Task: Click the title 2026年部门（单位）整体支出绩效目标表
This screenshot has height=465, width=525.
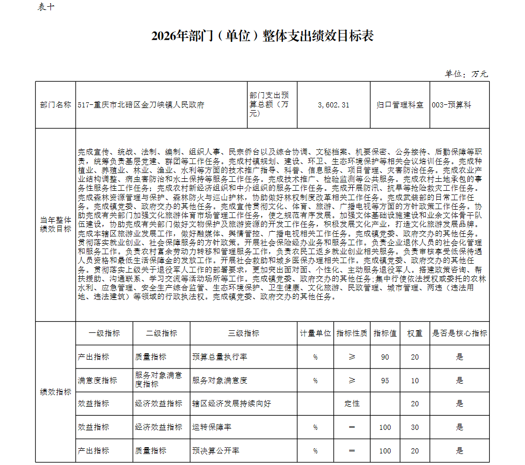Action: (x=262, y=36)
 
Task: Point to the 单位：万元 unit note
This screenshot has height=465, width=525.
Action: (x=466, y=74)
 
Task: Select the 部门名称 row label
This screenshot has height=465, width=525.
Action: (x=56, y=105)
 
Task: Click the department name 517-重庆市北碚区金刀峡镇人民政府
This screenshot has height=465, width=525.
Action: (x=141, y=105)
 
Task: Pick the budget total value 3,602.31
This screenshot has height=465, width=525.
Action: (x=333, y=105)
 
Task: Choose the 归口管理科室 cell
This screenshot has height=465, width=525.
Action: (x=400, y=105)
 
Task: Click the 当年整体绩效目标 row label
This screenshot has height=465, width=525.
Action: (x=56, y=224)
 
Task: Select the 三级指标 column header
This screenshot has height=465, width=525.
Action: (x=244, y=333)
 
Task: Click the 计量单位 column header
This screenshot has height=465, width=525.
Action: (x=316, y=333)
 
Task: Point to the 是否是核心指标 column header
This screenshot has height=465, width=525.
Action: (x=459, y=333)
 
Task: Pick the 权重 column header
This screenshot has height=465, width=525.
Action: (x=415, y=333)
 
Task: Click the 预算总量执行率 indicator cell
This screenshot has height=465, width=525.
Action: (x=220, y=357)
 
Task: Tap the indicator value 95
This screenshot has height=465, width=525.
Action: (x=385, y=381)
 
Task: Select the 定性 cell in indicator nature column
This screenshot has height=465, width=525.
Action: (x=352, y=404)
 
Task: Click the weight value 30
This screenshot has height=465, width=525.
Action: (x=415, y=427)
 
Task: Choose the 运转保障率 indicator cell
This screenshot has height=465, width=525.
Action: (x=212, y=427)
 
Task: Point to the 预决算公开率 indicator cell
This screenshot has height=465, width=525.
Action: (x=216, y=451)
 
